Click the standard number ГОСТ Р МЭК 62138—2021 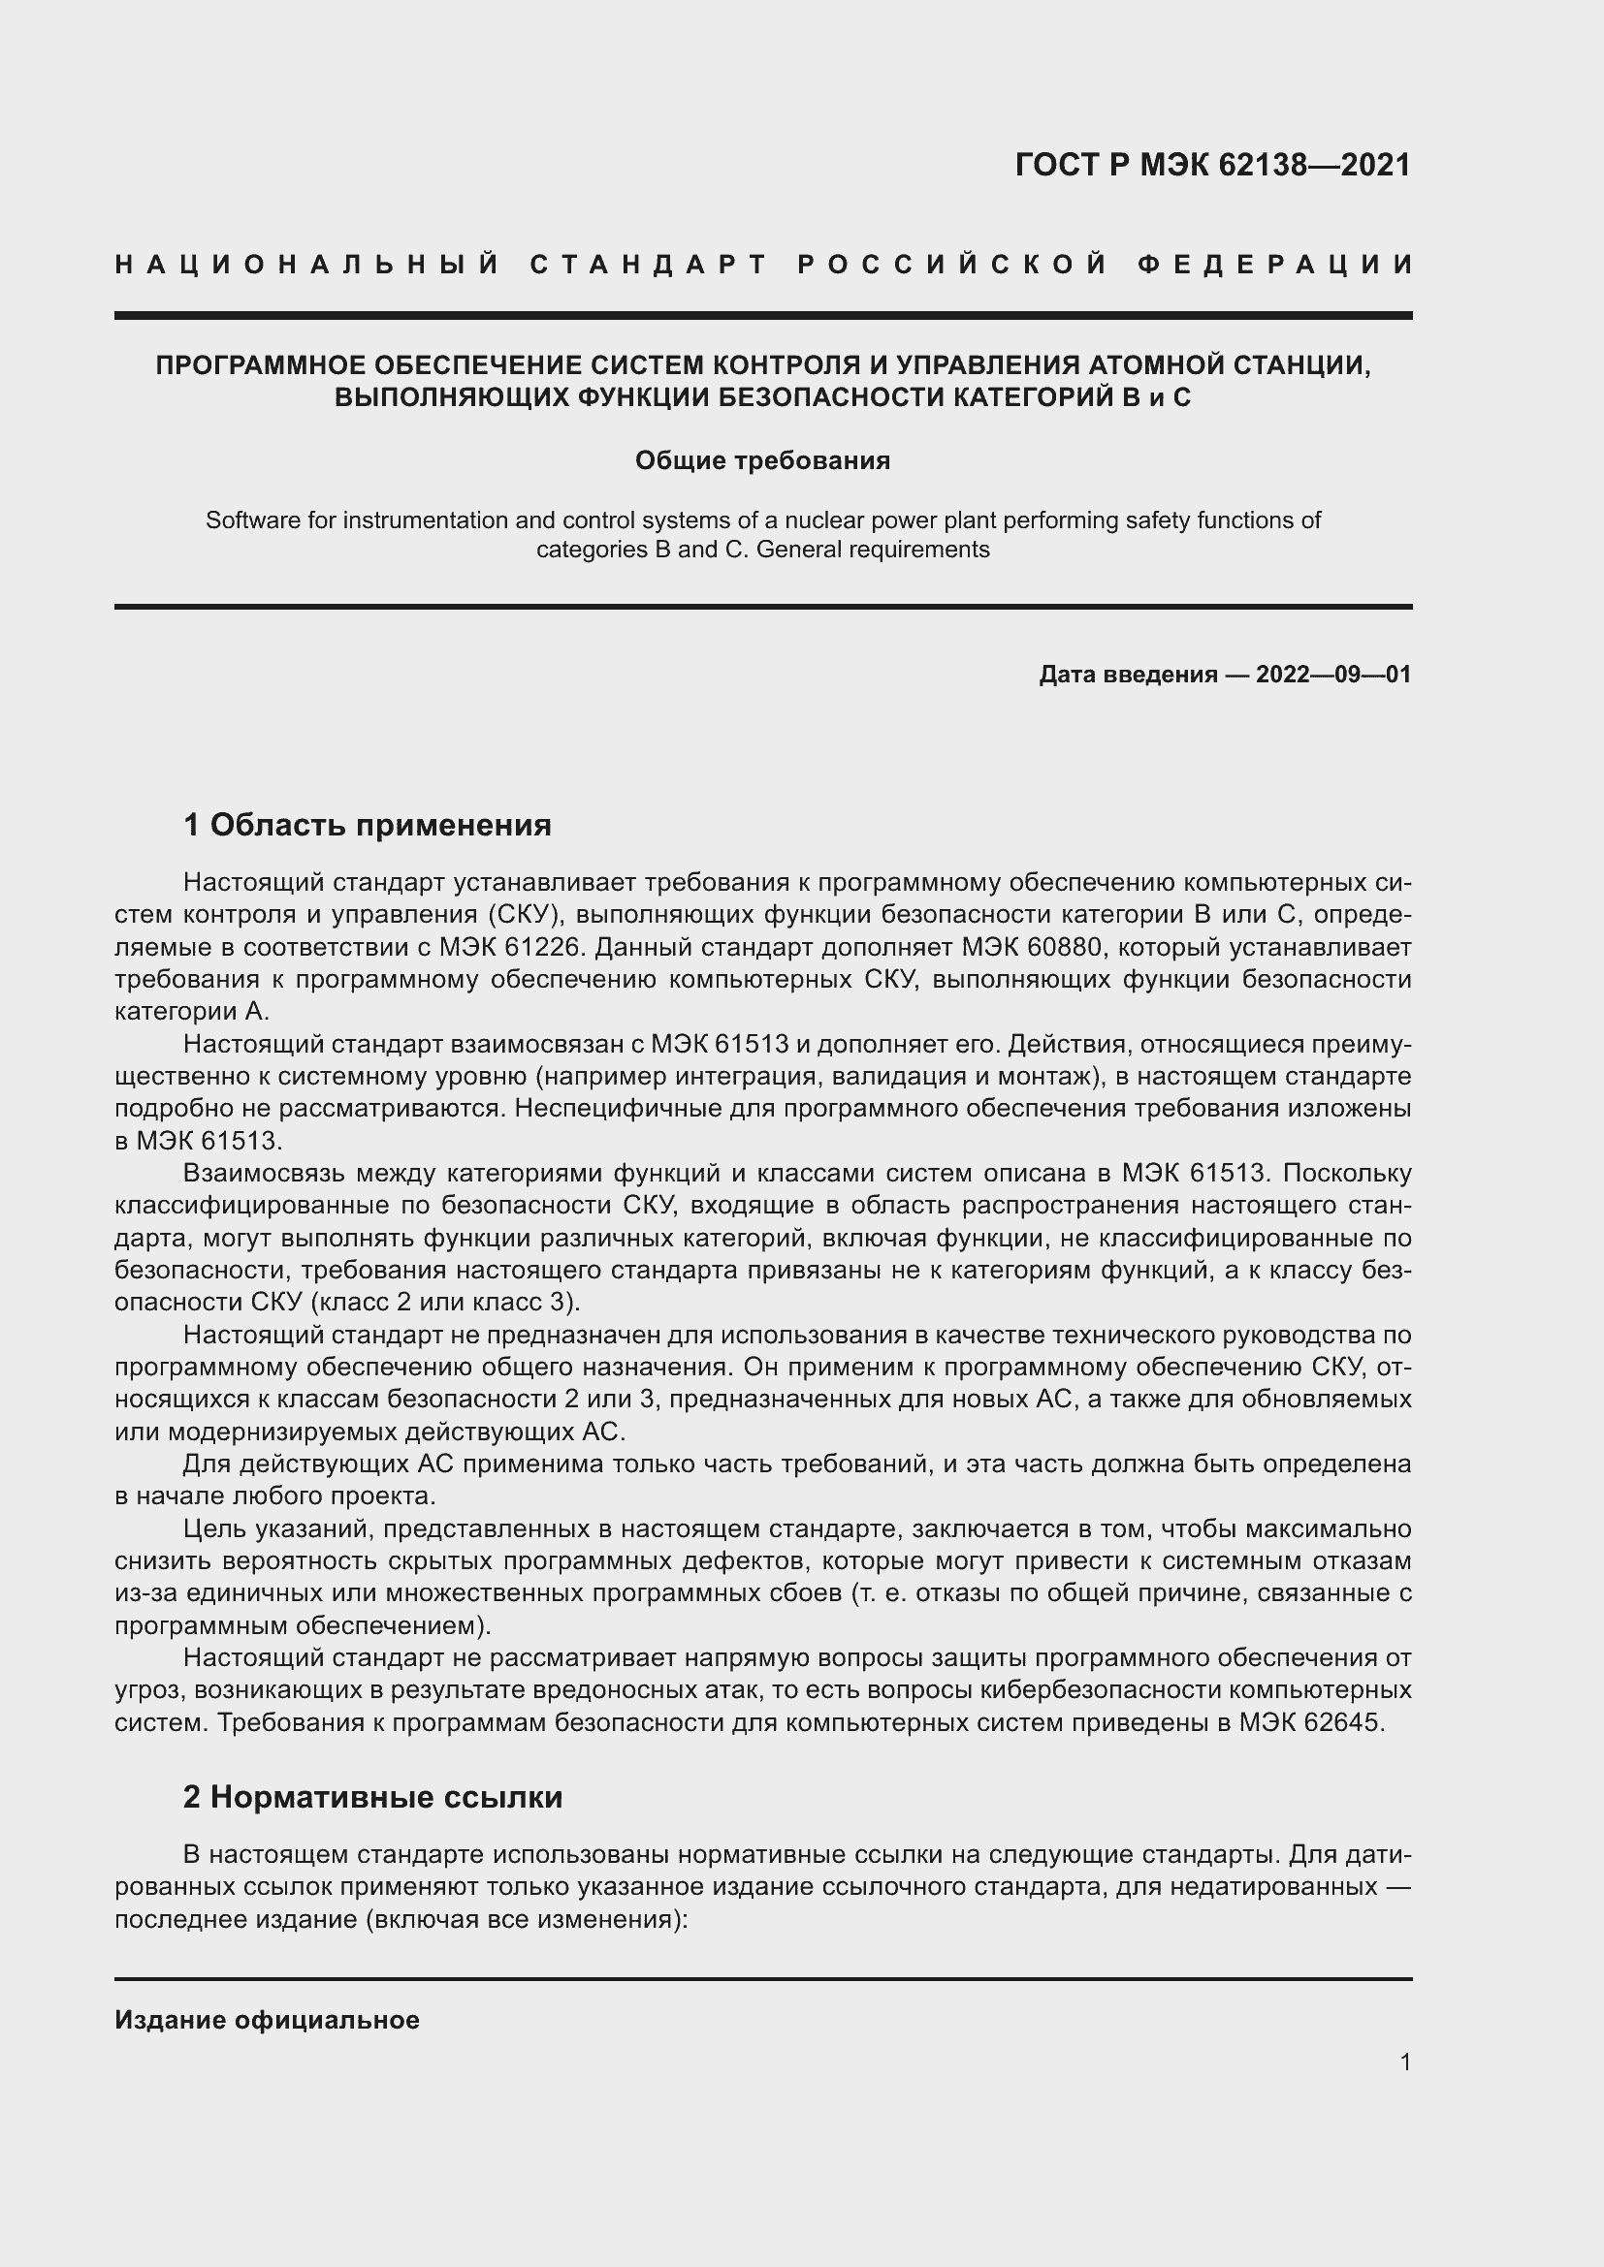pos(1213,165)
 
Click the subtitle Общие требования pos(762,461)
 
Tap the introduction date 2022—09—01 pos(1333,675)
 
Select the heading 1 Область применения pos(368,825)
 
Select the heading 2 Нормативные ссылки pos(372,1797)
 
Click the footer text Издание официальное pos(267,2020)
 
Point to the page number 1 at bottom pos(1405,2062)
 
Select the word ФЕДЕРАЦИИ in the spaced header pos(1274,265)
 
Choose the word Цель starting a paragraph pos(214,1528)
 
